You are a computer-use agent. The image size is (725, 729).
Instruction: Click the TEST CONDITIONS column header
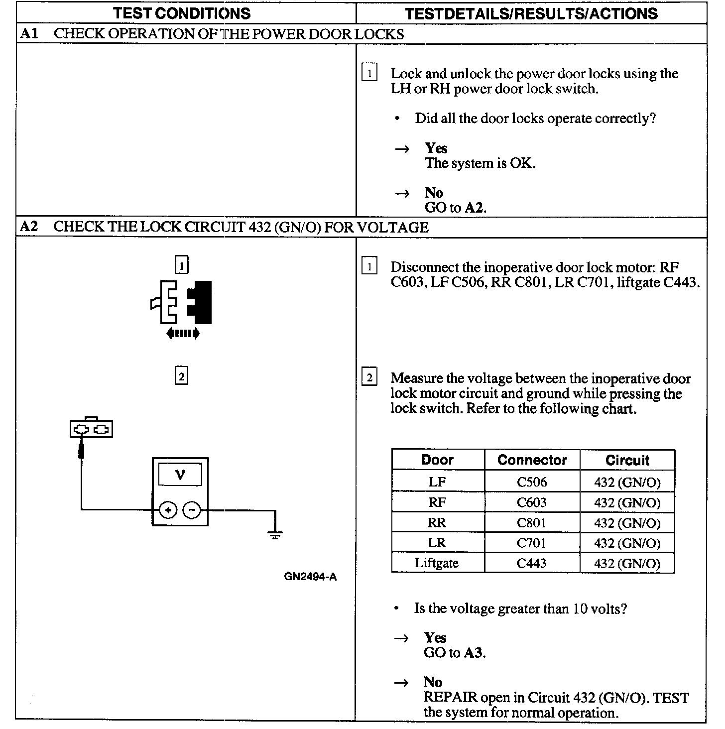click(182, 13)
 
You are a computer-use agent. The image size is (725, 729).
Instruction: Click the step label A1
click(29, 34)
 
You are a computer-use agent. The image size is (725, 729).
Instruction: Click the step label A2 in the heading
click(29, 227)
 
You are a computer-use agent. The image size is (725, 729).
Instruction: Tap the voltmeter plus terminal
click(168, 510)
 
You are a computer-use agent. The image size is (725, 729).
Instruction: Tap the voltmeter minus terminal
click(192, 510)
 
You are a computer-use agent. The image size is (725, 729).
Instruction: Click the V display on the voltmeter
click(180, 475)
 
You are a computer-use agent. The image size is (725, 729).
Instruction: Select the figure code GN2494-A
click(310, 577)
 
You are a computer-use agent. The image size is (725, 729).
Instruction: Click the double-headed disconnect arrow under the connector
click(183, 333)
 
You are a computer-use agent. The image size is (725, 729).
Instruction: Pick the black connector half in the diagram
click(201, 302)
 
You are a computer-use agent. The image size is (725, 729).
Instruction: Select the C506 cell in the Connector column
click(531, 482)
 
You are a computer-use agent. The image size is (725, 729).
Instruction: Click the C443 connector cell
click(531, 563)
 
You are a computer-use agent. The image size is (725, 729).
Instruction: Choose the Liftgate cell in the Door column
click(437, 563)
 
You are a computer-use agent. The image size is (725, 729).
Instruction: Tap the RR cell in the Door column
click(437, 523)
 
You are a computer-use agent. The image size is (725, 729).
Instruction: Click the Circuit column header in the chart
click(627, 460)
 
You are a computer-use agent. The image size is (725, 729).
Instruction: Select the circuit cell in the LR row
click(627, 543)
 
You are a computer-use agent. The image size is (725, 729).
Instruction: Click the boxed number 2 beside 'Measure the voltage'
click(369, 378)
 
